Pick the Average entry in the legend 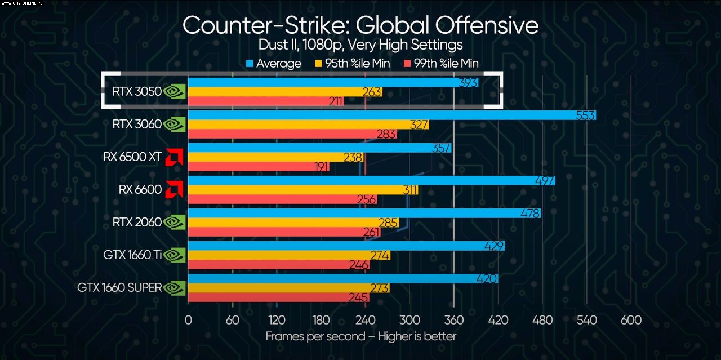pos(274,64)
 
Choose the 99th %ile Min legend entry pos(442,64)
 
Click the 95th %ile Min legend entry pos(355,64)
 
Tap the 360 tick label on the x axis pos(454,320)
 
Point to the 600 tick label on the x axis pos(631,320)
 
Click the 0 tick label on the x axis pos(188,320)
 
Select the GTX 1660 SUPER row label pos(119,288)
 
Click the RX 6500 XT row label pos(132,158)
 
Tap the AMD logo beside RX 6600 pos(175,190)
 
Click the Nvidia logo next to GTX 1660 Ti pos(175,255)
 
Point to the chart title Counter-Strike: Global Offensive pos(360,26)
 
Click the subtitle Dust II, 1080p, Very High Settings pos(360,45)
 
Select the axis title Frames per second pos(360,336)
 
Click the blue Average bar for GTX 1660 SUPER pos(338,278)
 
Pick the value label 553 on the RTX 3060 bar pos(586,115)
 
